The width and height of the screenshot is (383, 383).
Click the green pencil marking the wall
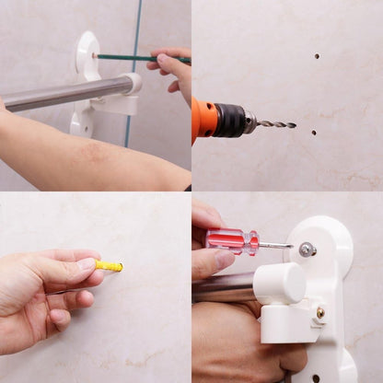coord(129,57)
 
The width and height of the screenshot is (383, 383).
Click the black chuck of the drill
coord(230,120)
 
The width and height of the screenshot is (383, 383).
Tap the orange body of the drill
coord(204,119)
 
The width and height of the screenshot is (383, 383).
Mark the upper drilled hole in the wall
coord(317,56)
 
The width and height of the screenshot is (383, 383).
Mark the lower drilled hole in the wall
coord(313,133)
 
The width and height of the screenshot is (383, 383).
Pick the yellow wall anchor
coord(109,266)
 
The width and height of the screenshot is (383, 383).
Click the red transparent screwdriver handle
coord(231,242)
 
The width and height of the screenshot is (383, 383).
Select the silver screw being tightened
coord(307,249)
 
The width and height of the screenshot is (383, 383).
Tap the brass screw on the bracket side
coord(319,313)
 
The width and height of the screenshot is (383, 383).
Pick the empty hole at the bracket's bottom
coord(315,377)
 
